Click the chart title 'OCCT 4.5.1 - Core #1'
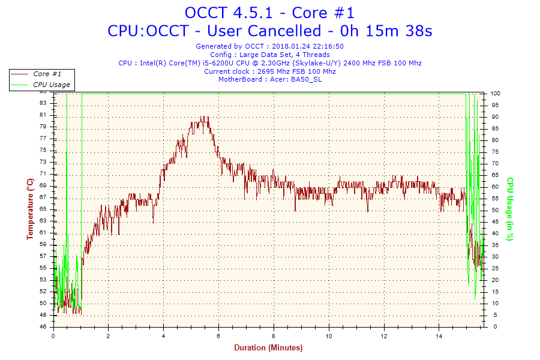click(x=269, y=13)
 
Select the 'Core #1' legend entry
click(x=47, y=74)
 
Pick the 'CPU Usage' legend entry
click(x=51, y=85)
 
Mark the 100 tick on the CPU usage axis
click(x=496, y=94)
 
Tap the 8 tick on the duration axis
click(x=274, y=336)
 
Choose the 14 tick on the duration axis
click(x=439, y=336)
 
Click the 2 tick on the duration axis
click(x=109, y=336)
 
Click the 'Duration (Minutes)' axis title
click(x=268, y=348)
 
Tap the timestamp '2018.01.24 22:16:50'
click(x=307, y=46)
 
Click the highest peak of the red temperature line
click(x=204, y=116)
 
